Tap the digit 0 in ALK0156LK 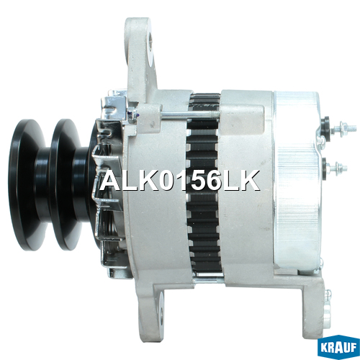click(x=166, y=181)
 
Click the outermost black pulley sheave click(x=27, y=185)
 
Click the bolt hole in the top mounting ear click(x=150, y=41)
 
